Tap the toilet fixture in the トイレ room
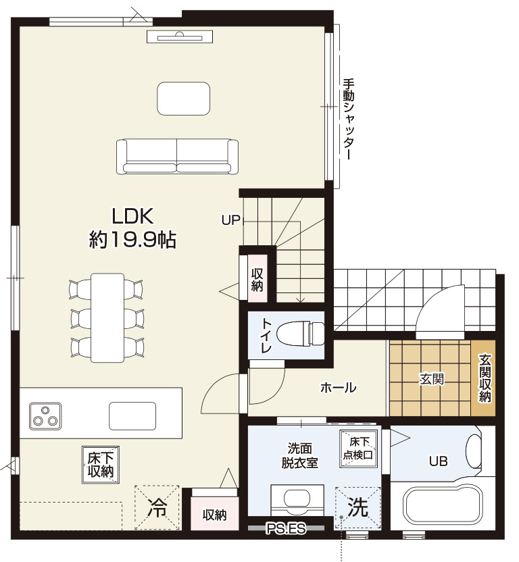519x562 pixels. pyautogui.click(x=302, y=333)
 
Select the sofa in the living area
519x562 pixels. pyautogui.click(x=177, y=157)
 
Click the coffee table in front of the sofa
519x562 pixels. pyautogui.click(x=184, y=99)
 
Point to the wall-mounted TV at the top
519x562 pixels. pyautogui.click(x=180, y=36)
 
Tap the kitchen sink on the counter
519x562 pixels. pyautogui.click(x=132, y=416)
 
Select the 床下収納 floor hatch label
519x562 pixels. pyautogui.click(x=101, y=465)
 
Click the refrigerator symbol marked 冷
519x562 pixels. pyautogui.click(x=157, y=507)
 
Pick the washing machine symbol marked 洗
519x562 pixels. pyautogui.click(x=357, y=508)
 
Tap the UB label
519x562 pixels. pyautogui.click(x=439, y=461)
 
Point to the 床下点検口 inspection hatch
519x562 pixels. pyautogui.click(x=358, y=449)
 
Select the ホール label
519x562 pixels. pyautogui.click(x=338, y=388)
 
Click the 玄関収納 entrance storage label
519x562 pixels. pyautogui.click(x=485, y=378)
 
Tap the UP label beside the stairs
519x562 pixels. pyautogui.click(x=230, y=220)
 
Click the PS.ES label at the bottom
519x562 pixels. pyautogui.click(x=286, y=528)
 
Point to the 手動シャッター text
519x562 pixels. pyautogui.click(x=348, y=120)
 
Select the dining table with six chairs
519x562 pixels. pyautogui.click(x=107, y=317)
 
